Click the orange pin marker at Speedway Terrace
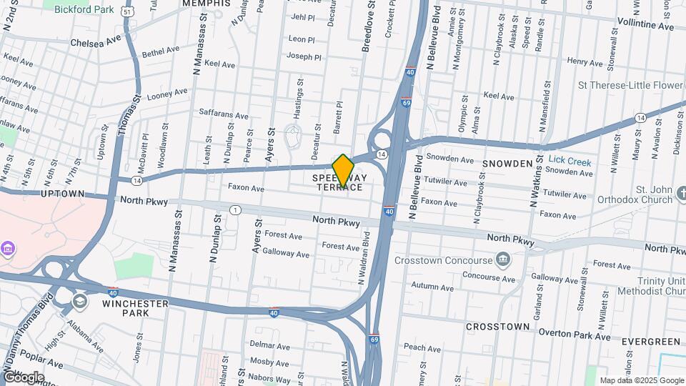tap(343, 170)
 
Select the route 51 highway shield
tap(126, 12)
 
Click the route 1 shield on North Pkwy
tap(234, 209)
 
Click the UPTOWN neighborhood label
tap(64, 194)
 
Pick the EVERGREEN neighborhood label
tap(650, 342)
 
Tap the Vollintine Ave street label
tap(644, 26)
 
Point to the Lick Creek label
tap(570, 162)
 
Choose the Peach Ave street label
tap(422, 347)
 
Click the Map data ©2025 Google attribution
tap(641, 380)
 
